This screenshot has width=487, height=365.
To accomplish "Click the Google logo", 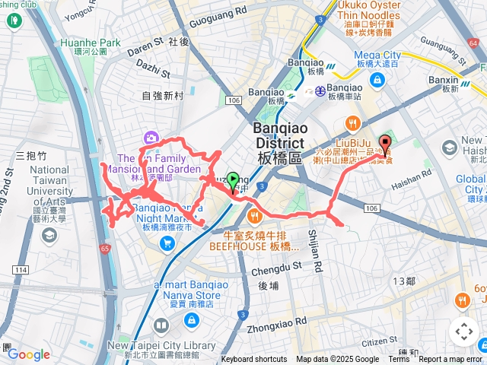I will click(28, 354).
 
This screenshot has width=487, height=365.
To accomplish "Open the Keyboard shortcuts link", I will click(254, 360).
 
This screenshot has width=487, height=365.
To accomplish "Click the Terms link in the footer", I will click(399, 360).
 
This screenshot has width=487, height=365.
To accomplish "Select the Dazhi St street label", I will click(153, 70).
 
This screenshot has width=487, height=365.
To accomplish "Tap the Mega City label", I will click(377, 55).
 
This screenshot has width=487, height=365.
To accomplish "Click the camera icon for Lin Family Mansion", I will click(151, 138).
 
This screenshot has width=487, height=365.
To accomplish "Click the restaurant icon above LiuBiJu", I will click(352, 123).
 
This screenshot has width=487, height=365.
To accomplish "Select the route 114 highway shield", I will click(21, 270).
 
